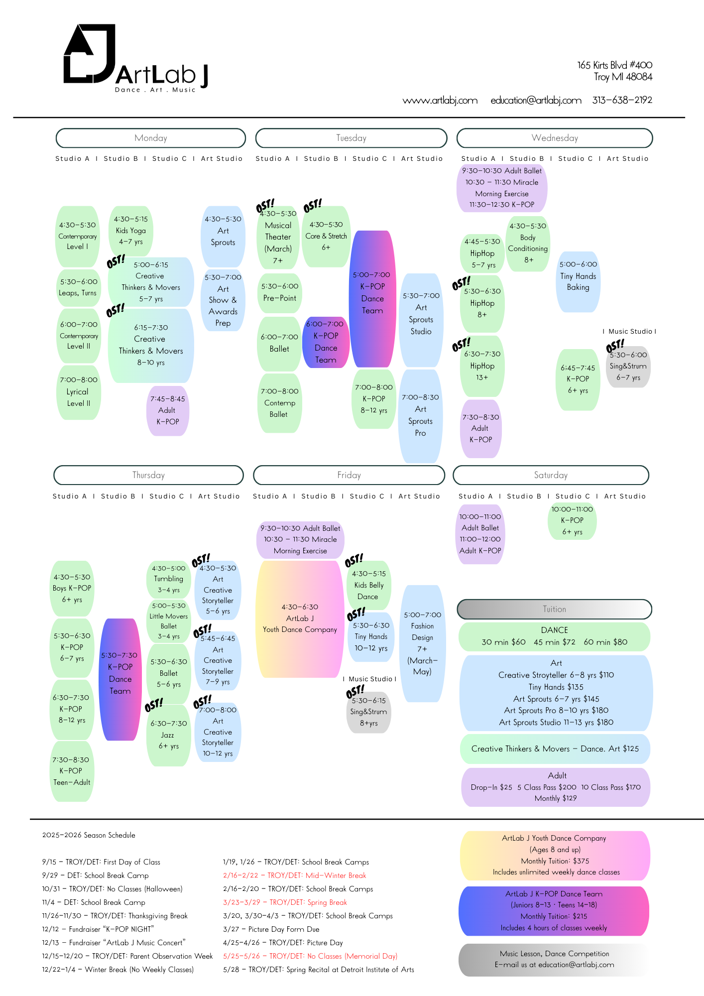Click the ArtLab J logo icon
coord(89,54)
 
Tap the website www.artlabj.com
coord(440,100)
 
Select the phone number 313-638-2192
coord(622,100)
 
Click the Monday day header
coord(151,138)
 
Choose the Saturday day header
coord(551,475)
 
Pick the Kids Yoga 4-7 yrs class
coord(131,231)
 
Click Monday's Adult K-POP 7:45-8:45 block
coord(168,410)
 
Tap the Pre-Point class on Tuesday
coord(280,292)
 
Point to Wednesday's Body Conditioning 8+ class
coord(528,243)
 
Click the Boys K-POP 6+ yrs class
coord(72,588)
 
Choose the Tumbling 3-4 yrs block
coord(169,579)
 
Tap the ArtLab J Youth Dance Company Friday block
coord(300,619)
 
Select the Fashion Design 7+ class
coord(422,643)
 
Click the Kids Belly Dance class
coord(368,585)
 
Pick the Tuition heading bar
coord(554,609)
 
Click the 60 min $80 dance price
coord(605,642)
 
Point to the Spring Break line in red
coord(285,902)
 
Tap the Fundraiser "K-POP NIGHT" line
coord(98,929)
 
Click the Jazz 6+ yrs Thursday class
coord(168,735)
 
